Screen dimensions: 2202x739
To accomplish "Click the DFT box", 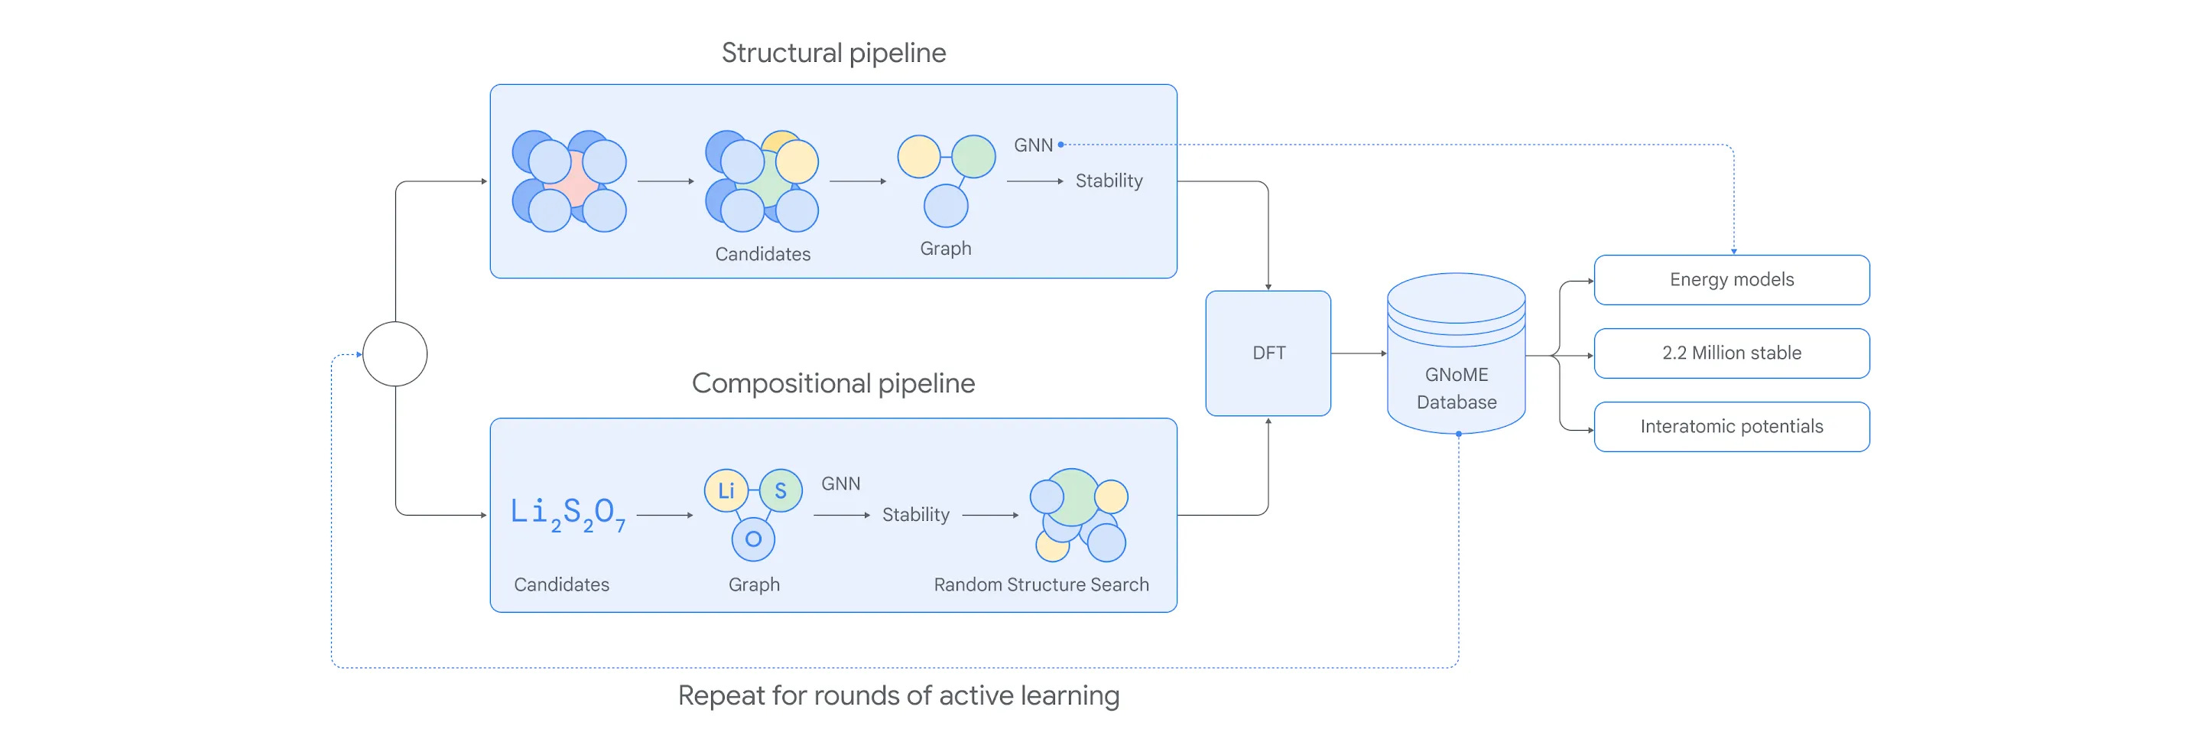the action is pos(1268,353).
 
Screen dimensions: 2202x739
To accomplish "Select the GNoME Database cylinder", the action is pos(1456,353).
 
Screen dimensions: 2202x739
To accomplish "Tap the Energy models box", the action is pos(1732,280).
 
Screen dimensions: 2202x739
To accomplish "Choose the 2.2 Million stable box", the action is pos(1732,353).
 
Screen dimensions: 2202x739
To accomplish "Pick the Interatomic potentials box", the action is pos(1732,427).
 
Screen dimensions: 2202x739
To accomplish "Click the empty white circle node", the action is pos(395,354).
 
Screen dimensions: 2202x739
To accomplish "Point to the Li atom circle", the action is pos(726,491).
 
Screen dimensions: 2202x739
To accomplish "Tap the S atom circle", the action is pos(781,491).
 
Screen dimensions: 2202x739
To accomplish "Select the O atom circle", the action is pos(753,539).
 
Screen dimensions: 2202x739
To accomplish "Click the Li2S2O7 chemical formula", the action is pos(568,514).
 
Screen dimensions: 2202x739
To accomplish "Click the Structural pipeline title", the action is pos(833,53).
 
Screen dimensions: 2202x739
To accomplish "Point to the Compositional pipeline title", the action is pos(833,383).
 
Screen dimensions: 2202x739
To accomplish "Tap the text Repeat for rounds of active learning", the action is pos(898,695).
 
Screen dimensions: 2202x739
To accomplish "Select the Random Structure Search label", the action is pos(1041,584).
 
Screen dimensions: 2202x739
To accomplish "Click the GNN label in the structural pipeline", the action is pos(1034,145).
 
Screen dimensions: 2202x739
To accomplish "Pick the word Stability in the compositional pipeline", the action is pos(915,515).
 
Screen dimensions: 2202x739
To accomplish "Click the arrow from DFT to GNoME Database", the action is pos(1359,353).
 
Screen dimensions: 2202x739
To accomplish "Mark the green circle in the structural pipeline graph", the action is pos(973,157).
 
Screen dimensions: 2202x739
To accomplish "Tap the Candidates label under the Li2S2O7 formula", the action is pos(562,584).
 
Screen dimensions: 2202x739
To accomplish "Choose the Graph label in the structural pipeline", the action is pos(946,249).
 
